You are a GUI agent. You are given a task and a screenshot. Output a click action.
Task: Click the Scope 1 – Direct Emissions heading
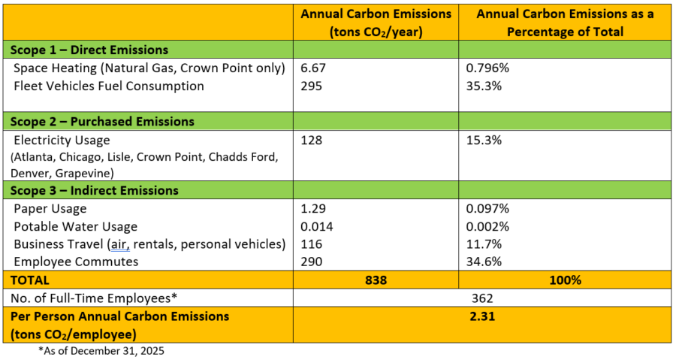89,50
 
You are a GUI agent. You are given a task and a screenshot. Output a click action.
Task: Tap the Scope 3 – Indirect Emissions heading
93,190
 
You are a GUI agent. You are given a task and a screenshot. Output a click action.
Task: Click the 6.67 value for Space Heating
312,68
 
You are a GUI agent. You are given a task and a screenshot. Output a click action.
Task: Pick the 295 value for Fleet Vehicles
311,86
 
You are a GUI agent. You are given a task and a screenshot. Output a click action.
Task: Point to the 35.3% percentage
483,86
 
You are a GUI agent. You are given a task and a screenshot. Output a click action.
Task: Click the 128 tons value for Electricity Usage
311,140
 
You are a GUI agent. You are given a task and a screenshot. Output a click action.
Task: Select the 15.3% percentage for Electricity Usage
483,140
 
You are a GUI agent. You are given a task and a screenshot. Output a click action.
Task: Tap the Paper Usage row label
50,208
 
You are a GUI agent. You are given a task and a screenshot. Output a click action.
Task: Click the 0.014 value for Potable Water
316,226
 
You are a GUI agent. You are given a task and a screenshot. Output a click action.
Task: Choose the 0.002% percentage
489,226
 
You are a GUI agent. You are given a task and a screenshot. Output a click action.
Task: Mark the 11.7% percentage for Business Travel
483,244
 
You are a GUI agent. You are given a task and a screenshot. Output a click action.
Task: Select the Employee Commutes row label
76,261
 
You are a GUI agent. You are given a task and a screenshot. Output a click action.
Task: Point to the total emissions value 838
376,280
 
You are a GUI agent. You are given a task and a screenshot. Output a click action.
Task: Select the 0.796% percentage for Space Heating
489,68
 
